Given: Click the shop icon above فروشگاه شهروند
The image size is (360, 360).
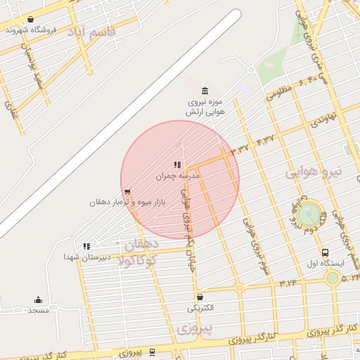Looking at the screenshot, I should click(x=30, y=19).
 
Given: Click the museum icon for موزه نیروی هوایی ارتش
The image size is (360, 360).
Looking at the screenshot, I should click(x=205, y=90).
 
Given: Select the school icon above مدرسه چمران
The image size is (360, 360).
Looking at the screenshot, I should click(x=177, y=165).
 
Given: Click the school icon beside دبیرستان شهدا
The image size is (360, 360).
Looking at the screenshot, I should click(x=86, y=246).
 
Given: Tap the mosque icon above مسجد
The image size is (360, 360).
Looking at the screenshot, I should click(x=38, y=300).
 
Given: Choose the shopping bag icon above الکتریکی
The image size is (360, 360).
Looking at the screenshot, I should click(x=200, y=297).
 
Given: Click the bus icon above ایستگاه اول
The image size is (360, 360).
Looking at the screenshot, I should click(x=325, y=253).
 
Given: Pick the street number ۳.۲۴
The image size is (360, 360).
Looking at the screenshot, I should click(x=287, y=283).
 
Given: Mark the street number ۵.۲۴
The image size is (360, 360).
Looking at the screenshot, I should click(x=349, y=278).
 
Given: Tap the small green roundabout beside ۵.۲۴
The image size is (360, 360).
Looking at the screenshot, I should click(x=332, y=278).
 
